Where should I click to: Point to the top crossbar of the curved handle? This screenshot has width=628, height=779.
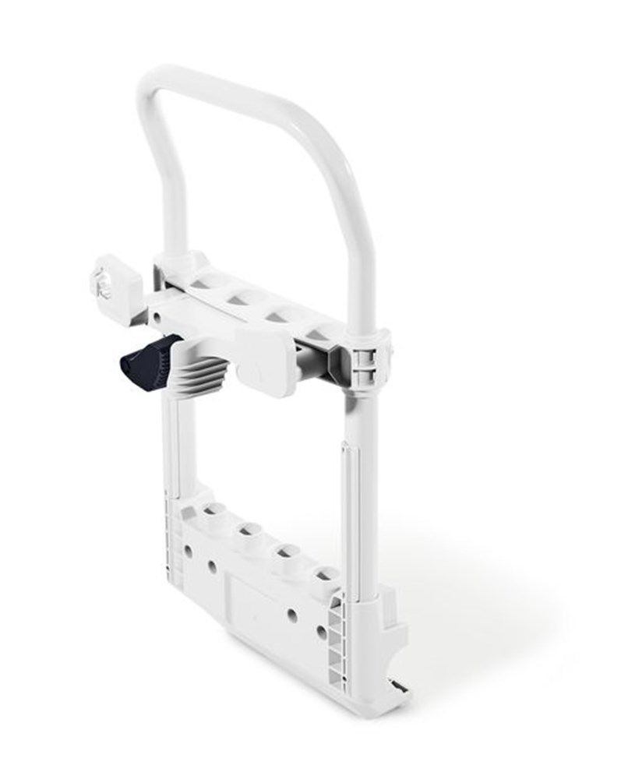click(234, 86)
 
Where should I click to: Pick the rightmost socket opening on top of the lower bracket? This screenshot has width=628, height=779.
click(323, 577)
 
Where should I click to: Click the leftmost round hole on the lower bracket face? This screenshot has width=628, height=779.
click(189, 550)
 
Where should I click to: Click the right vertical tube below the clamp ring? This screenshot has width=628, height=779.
click(365, 483)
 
